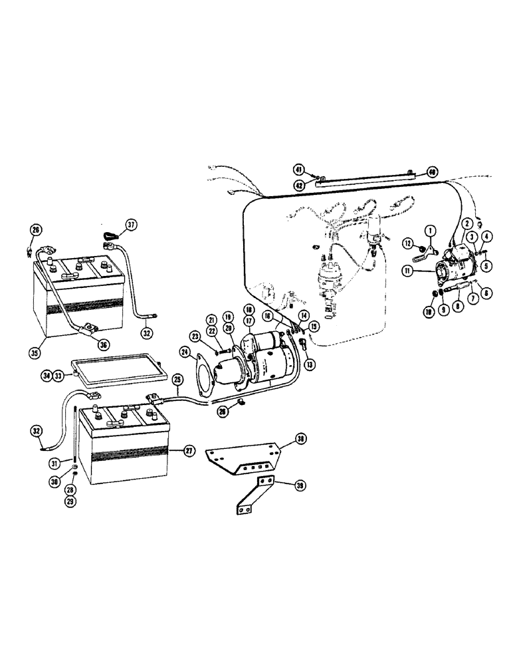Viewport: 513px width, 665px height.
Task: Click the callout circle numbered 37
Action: [131, 225]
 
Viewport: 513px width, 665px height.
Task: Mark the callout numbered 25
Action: [177, 379]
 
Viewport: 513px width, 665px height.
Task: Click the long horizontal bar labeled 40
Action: [365, 179]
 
